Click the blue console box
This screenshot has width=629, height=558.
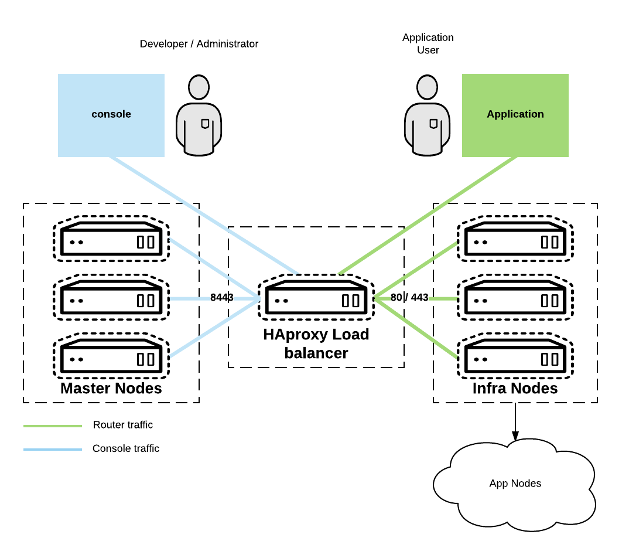tap(111, 115)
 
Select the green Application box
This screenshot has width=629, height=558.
tap(515, 115)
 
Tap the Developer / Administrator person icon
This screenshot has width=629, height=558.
tap(199, 115)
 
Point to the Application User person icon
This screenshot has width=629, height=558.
tap(428, 115)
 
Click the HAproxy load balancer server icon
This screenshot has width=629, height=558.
tap(316, 300)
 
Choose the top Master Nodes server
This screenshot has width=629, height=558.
tap(111, 241)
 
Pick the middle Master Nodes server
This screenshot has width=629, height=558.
tap(111, 300)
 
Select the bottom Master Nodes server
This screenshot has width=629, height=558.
tap(111, 358)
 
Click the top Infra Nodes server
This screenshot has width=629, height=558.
tap(515, 241)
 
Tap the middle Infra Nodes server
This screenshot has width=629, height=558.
tap(515, 300)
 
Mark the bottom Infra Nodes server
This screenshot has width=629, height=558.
tap(515, 358)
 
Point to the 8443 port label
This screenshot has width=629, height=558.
tap(222, 298)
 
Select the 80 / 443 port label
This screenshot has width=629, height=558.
tap(409, 298)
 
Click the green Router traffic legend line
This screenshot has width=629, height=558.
tap(53, 426)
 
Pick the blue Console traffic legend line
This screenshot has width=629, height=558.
tap(53, 450)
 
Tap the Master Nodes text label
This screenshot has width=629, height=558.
tap(111, 389)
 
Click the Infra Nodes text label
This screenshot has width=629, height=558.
tap(515, 389)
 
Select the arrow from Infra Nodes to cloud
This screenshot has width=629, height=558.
tap(515, 422)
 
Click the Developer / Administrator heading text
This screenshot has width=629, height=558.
tap(199, 44)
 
